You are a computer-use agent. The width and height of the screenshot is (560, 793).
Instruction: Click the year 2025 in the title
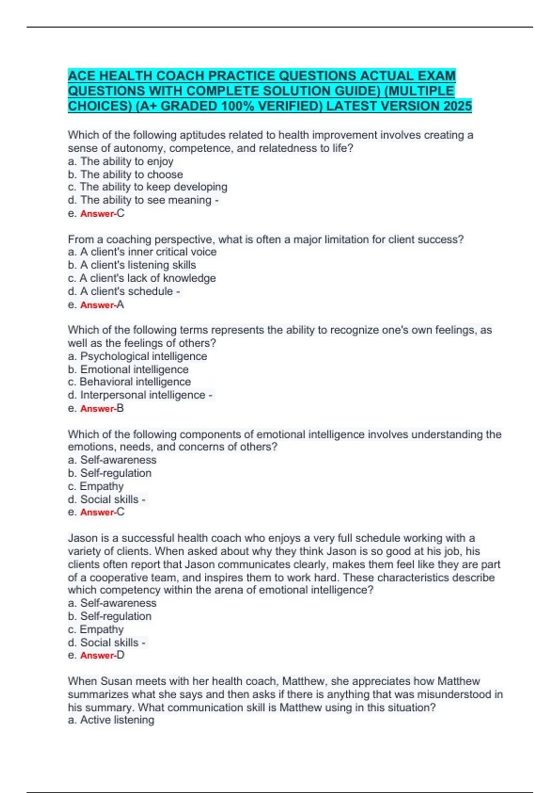(458, 106)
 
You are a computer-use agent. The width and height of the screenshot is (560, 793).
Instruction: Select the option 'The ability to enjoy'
(126, 161)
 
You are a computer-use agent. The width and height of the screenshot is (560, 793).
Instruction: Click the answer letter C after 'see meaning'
(121, 213)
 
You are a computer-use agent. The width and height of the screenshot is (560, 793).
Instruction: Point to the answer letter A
(120, 305)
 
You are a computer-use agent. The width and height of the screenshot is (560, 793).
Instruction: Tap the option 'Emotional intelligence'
(134, 369)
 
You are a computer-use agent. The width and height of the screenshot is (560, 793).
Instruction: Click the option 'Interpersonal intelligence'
(142, 395)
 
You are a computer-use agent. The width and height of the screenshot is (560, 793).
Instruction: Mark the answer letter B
(120, 409)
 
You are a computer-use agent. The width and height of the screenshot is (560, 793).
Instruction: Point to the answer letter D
(120, 655)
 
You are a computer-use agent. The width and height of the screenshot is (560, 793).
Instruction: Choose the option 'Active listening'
(117, 720)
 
